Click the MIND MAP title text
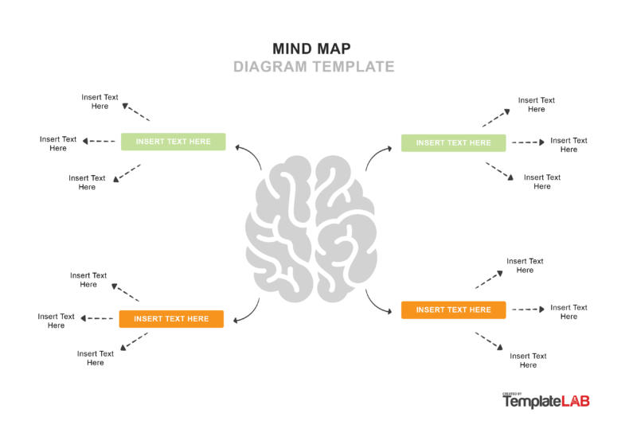click(311, 49)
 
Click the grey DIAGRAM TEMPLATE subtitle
click(314, 67)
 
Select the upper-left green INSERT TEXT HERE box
click(173, 142)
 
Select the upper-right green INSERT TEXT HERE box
click(453, 142)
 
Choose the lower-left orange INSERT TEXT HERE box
click(171, 319)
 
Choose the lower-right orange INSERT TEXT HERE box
click(453, 310)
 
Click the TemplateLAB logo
click(545, 401)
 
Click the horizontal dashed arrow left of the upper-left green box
click(99, 142)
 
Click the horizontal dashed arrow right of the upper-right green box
click(528, 142)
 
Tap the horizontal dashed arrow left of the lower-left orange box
click(98, 318)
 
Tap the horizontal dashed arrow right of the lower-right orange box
click(528, 309)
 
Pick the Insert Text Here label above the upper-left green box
click(100, 102)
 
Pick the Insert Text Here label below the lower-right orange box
click(528, 360)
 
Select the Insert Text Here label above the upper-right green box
click(536, 105)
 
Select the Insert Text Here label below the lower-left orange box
click(96, 358)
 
